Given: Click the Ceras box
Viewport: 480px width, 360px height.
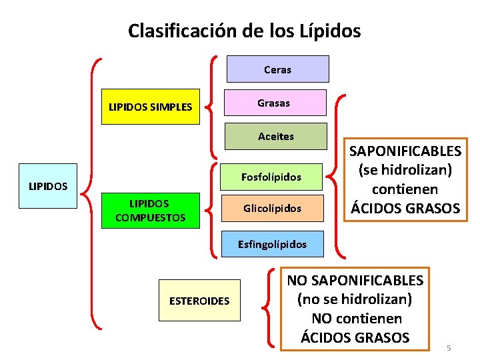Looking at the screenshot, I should coord(278,69).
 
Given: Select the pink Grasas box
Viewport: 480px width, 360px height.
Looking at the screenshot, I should coord(275,103).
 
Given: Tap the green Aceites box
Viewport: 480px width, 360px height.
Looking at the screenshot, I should coord(276,136).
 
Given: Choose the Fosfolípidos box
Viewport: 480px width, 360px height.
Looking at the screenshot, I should coord(271,177).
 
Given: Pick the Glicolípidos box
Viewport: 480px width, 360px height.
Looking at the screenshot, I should coord(272,209).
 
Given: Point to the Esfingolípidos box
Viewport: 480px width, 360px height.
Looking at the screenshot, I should coord(272,244).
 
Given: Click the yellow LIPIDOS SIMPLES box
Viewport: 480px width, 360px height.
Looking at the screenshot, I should coord(150,107).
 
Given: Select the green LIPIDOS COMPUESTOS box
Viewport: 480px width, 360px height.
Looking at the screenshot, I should coord(150,211).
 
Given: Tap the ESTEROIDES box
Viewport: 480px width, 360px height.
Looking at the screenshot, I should coord(199,301).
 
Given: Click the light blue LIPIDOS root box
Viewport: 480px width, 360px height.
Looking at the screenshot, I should coord(48,185).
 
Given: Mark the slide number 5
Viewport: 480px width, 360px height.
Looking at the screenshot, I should coord(449,348).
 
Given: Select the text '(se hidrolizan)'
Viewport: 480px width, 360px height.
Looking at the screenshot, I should coord(406,171).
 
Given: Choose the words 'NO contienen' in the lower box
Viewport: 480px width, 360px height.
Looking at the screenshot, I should coord(356,319).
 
